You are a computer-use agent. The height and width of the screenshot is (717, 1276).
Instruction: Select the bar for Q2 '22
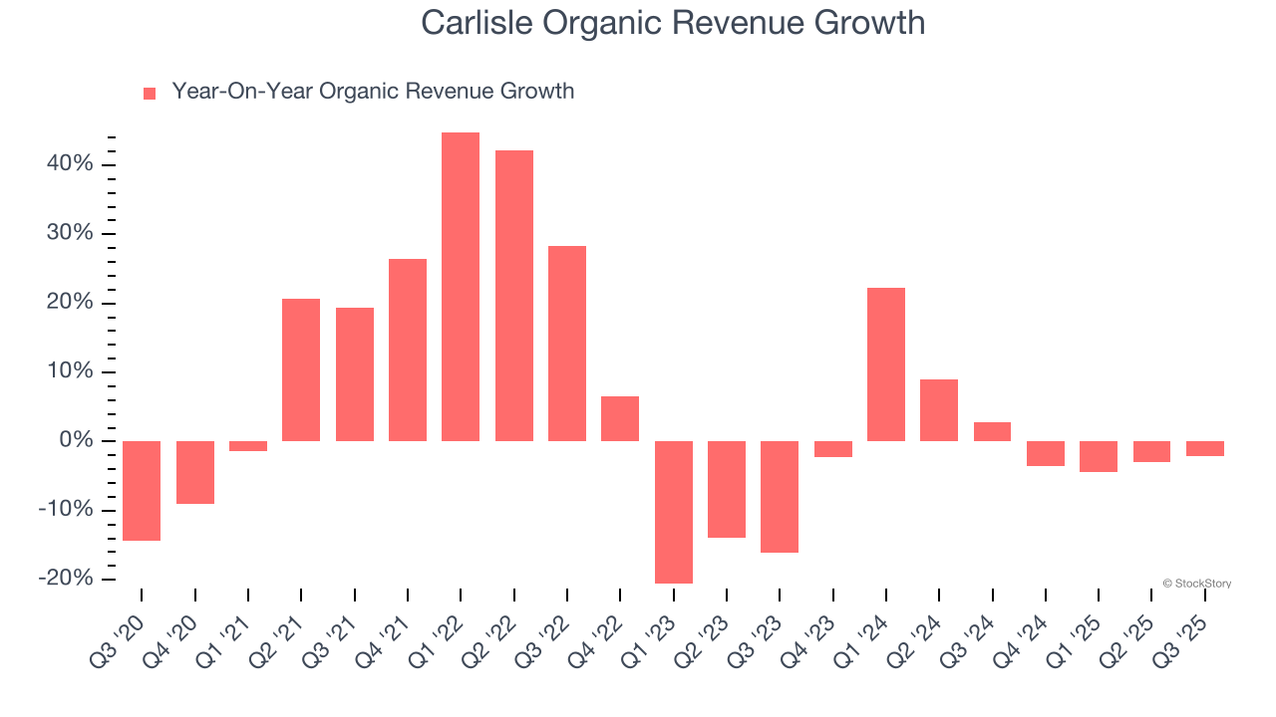[514, 296]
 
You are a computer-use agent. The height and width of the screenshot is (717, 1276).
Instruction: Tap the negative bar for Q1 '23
[674, 512]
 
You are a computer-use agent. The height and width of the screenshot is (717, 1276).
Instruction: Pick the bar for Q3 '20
[142, 490]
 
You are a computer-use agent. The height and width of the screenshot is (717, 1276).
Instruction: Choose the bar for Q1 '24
[886, 364]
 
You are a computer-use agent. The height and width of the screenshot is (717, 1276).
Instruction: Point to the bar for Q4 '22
[620, 418]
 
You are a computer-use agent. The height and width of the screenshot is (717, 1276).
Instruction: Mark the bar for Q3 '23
[780, 496]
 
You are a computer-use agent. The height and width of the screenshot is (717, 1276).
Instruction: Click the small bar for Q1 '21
[248, 446]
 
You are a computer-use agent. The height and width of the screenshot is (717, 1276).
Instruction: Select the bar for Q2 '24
[939, 410]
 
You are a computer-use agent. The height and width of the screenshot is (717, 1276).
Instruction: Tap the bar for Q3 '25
[1205, 448]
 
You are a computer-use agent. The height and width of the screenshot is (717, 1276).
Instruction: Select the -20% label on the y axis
[68, 579]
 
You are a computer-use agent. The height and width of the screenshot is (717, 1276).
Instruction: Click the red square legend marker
[150, 94]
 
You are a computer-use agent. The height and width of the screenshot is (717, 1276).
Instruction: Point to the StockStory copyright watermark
[1196, 584]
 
